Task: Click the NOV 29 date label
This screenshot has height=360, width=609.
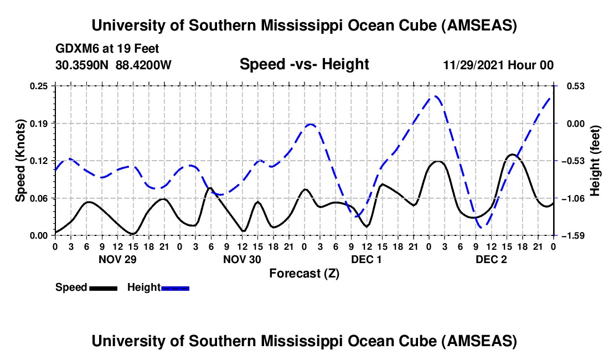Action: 117,259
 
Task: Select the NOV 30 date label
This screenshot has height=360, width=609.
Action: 242,259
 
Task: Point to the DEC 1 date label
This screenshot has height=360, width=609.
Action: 367,259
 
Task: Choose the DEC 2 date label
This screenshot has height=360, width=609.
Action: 491,259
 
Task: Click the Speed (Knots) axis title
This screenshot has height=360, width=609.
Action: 20,161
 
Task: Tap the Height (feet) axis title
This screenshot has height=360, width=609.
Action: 595,161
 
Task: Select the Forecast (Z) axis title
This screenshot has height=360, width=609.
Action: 304,273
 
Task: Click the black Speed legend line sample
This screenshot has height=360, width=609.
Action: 103,287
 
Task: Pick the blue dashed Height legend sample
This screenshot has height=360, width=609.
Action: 176,287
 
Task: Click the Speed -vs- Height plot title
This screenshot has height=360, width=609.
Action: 304,64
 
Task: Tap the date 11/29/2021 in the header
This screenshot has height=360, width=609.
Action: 472,65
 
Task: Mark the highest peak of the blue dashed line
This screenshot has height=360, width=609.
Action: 436,96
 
